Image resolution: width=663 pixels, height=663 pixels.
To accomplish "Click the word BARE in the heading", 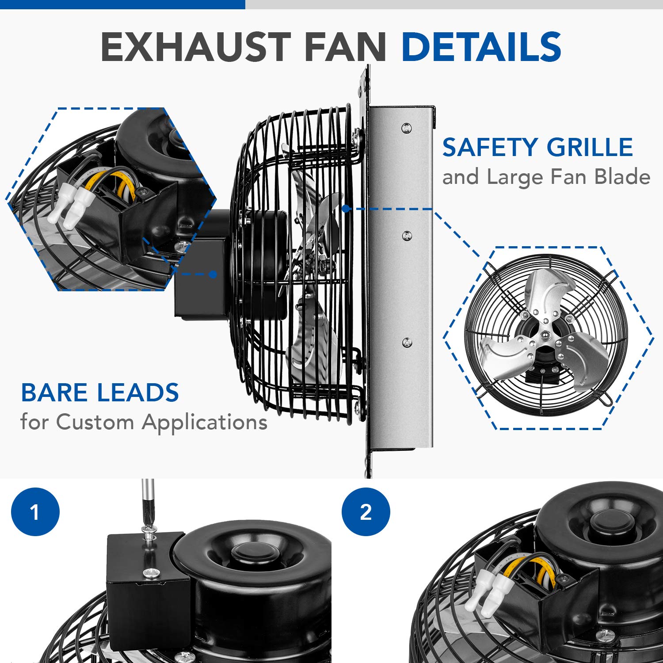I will pos(55,392).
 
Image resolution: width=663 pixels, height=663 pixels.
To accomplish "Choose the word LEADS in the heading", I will pos(138,392).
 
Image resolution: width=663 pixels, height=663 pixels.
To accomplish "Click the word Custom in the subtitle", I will pos(95,422).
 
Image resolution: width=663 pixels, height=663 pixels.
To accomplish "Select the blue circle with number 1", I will pos(35,512).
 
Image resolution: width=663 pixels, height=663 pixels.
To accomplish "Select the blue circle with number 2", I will pos(366,512).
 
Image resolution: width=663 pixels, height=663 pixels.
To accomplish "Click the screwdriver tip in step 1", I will pos(148,526).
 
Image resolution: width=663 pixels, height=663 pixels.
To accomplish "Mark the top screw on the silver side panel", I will pos(406,128).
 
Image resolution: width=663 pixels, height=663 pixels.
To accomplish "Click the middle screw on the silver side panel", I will pos(407,235).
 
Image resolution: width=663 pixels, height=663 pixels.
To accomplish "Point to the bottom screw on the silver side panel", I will pos(407,343).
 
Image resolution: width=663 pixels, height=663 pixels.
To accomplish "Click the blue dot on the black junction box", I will pos(213,274).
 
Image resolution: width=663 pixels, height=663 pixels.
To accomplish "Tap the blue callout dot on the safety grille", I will pos(347,208).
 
